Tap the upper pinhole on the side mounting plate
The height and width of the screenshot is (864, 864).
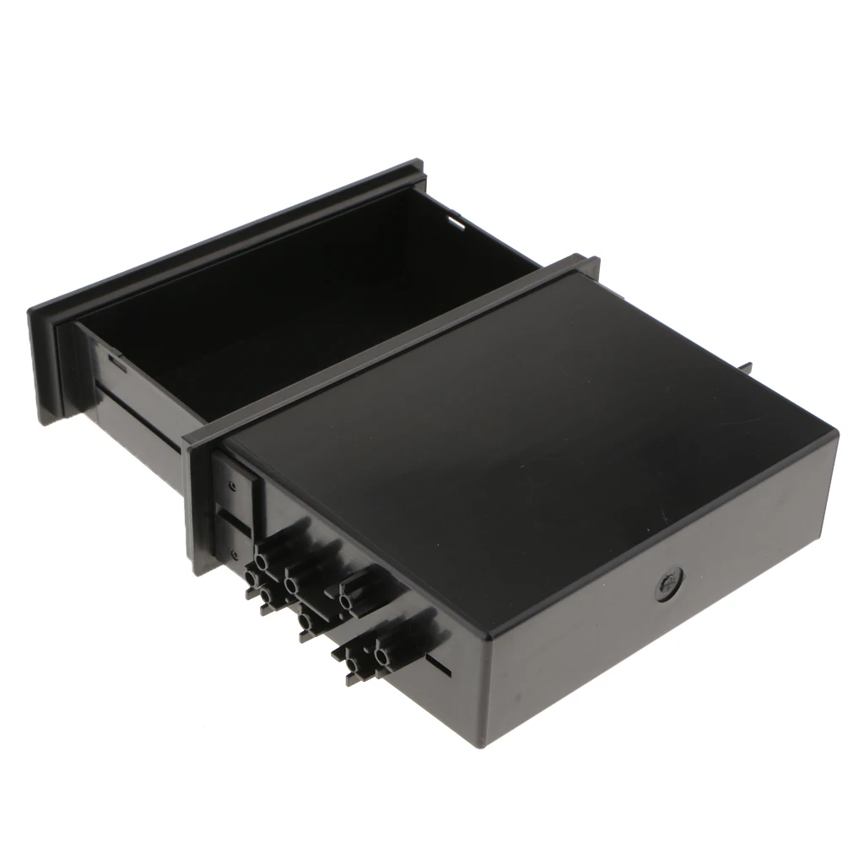[229, 485]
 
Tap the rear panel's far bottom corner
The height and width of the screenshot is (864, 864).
[831, 557]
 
